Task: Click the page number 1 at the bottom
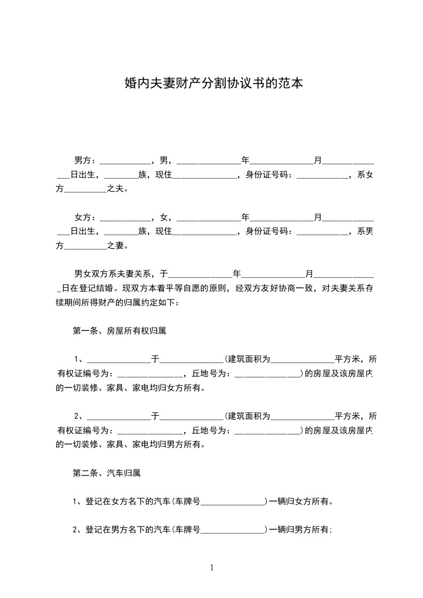(x=212, y=568)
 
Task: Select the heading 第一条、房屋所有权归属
(x=119, y=331)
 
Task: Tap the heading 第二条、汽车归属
(x=106, y=473)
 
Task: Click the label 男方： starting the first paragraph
(x=85, y=160)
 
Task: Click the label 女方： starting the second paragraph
(x=85, y=217)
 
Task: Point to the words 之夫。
(x=118, y=189)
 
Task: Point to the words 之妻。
(x=118, y=246)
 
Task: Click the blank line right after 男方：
(x=125, y=161)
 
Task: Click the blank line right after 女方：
(x=125, y=219)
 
